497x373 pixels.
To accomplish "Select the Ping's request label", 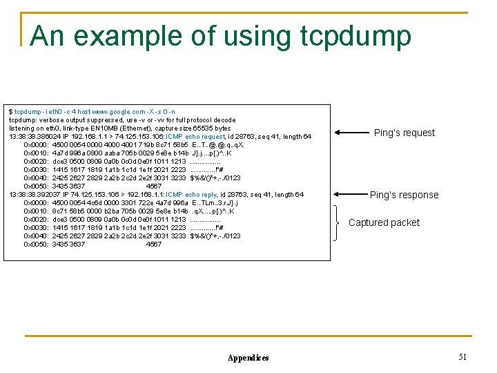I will (404, 133).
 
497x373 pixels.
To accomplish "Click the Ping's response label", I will (404, 195).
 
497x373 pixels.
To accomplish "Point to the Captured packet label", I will (384, 222).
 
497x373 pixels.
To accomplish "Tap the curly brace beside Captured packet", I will (336, 222).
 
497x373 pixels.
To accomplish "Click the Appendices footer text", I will (248, 358).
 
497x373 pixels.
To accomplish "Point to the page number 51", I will (462, 356).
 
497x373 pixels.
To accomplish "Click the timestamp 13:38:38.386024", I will (35, 137).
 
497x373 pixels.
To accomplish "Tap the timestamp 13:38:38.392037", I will (35, 195).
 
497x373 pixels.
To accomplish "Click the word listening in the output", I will (22, 128).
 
